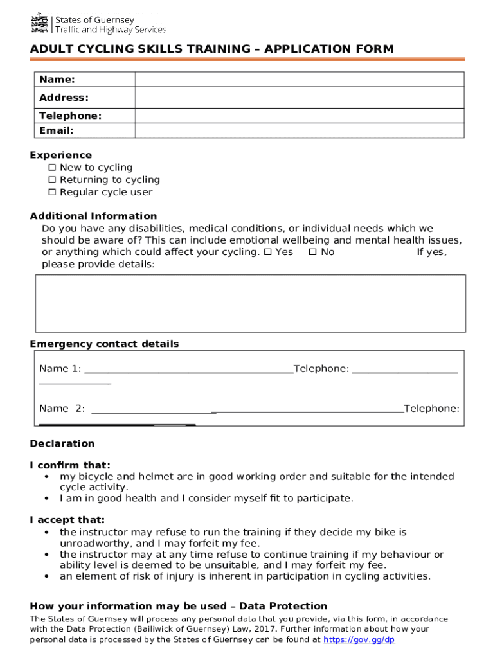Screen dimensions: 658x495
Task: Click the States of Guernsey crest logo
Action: (x=40, y=23)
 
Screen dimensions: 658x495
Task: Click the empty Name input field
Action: (x=299, y=80)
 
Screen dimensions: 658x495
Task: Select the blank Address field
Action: (x=299, y=98)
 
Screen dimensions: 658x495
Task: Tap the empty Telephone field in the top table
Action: (x=299, y=116)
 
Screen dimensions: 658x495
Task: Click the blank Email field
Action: (x=299, y=130)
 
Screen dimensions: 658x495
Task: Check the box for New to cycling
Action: (x=53, y=168)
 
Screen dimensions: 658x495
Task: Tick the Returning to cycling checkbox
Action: (x=53, y=180)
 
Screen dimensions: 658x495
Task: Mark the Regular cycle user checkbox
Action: (x=53, y=192)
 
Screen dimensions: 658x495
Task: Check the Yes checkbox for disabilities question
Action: (x=268, y=252)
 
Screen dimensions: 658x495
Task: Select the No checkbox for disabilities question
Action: (x=313, y=252)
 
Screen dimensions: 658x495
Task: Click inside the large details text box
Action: (x=250, y=303)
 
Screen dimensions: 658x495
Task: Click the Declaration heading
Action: (x=62, y=443)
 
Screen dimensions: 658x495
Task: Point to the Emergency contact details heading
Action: (x=104, y=344)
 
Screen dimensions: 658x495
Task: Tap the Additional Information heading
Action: (x=93, y=216)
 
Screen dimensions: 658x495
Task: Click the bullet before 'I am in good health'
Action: (x=48, y=499)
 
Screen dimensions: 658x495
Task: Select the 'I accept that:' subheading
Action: (x=67, y=520)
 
